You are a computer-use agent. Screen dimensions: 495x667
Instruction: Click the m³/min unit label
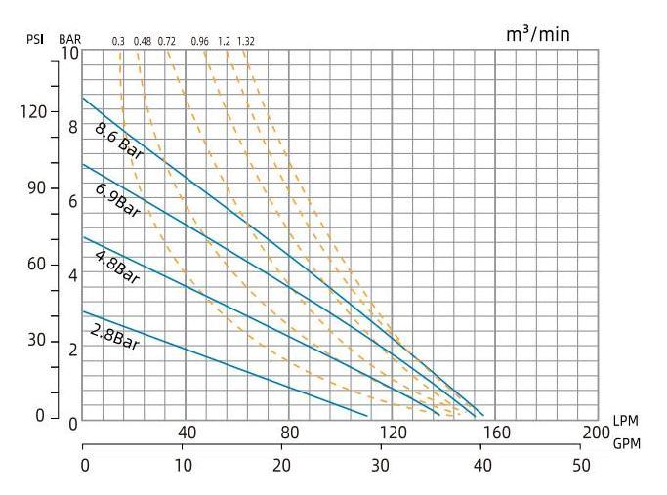click(537, 34)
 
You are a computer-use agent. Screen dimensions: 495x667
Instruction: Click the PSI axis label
click(35, 40)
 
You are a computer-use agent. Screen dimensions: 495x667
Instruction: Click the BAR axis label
click(70, 40)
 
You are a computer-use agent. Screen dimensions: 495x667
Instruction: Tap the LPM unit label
click(625, 420)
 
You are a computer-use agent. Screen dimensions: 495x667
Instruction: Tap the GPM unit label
click(626, 442)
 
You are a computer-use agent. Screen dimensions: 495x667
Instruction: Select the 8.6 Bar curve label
click(117, 140)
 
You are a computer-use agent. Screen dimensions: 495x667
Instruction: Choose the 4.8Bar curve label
click(117, 266)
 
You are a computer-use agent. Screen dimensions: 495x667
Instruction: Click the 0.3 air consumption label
click(118, 41)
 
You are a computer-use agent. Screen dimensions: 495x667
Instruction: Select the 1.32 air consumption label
click(245, 41)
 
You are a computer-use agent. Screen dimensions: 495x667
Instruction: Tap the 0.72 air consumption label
click(166, 41)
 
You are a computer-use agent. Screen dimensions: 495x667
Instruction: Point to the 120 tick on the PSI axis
click(34, 111)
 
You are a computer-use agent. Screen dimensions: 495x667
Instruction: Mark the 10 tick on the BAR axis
click(69, 53)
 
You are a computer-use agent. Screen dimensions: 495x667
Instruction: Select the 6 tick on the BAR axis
click(72, 201)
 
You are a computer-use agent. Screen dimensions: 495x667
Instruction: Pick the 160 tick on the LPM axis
click(495, 433)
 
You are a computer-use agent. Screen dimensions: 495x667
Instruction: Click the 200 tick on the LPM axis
click(597, 433)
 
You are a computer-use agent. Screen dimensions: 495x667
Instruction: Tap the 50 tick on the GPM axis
click(582, 465)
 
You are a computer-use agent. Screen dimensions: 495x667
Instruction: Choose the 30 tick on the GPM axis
click(383, 465)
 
